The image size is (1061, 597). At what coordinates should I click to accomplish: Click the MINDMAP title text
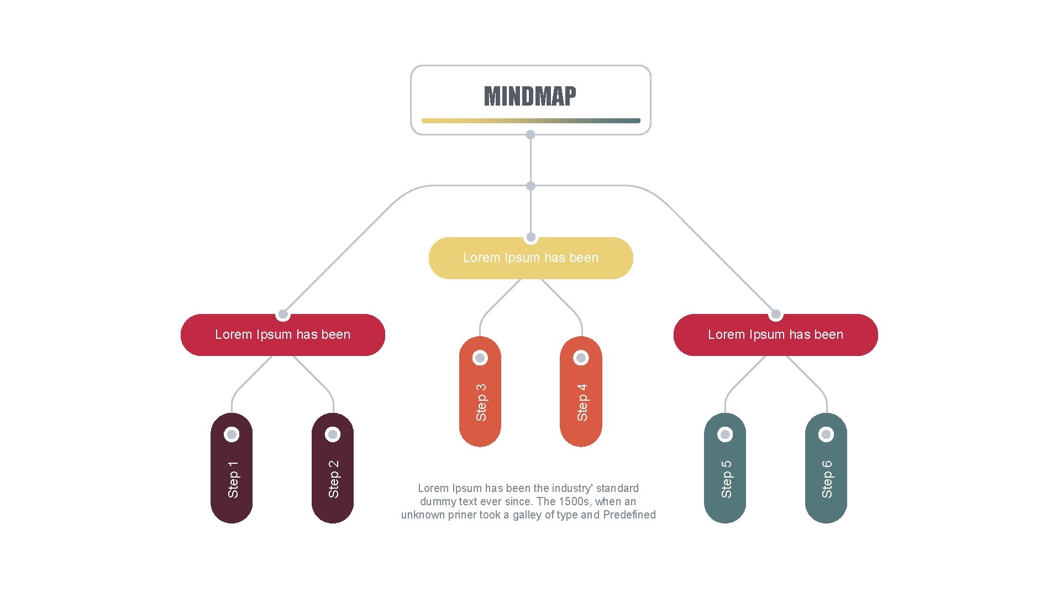pos(530,96)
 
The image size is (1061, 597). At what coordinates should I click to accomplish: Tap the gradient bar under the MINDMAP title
pos(530,121)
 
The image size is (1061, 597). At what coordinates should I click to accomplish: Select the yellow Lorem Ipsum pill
pos(530,258)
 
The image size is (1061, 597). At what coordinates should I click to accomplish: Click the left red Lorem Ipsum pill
pos(282,335)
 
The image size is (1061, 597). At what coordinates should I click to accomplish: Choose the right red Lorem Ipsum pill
pos(775,335)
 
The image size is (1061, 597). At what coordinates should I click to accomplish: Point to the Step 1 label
pos(233,479)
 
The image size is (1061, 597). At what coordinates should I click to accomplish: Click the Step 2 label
pos(334,479)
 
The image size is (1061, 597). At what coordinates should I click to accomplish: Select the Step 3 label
pos(481,402)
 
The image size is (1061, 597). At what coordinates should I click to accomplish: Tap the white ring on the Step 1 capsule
pos(232,434)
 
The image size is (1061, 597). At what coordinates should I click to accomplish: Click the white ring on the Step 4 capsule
pos(581,358)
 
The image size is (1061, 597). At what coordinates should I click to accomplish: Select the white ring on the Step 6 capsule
pos(826,434)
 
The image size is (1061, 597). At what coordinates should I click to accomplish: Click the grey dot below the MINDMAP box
pos(530,135)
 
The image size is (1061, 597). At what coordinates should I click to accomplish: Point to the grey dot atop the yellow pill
pos(531,237)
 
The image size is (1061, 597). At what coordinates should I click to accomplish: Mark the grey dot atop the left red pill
pos(283,315)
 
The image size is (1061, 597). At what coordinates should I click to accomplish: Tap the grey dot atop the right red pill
pos(776,315)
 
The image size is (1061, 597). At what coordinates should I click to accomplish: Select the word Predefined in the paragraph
pos(629,515)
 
